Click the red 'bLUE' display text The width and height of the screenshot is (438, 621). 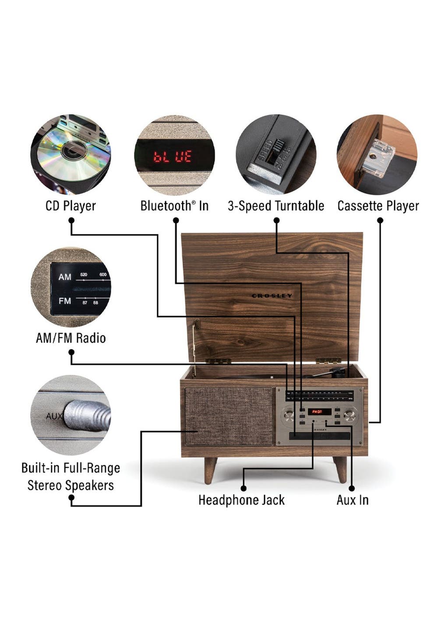(173, 157)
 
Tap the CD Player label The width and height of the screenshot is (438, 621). (71, 206)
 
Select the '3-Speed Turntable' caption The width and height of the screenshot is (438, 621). (276, 206)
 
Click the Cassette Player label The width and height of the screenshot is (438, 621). (378, 206)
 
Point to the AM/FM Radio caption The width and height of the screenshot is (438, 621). (71, 338)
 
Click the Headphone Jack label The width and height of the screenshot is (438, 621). (241, 500)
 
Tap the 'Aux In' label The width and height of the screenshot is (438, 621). (353, 500)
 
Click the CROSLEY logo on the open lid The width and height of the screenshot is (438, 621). (272, 296)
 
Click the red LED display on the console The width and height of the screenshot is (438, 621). (319, 412)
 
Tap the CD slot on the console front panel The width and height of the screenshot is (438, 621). (320, 436)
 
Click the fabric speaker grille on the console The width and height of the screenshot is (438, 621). (229, 416)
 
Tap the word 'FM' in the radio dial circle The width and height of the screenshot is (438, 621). (65, 301)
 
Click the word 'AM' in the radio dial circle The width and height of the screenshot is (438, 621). (65, 277)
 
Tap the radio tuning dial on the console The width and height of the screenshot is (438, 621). (319, 396)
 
